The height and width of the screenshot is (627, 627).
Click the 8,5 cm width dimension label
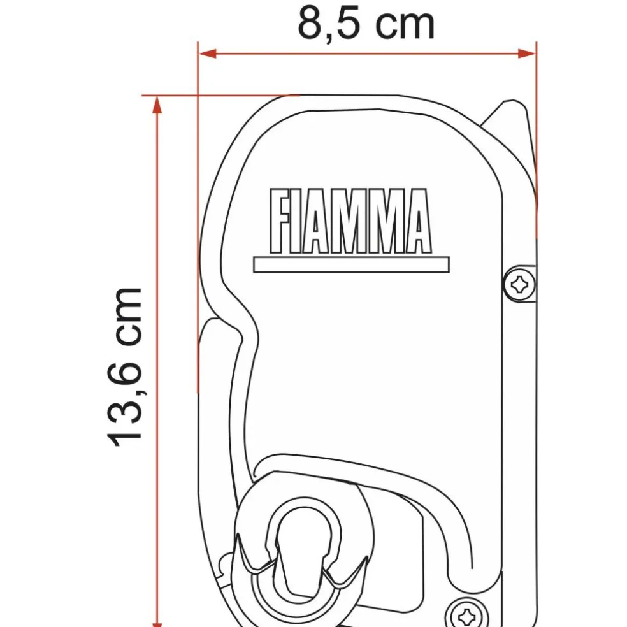pos(366,24)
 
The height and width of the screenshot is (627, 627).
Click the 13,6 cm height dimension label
pos(125,366)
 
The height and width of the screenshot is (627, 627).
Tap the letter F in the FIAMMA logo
pos(280,220)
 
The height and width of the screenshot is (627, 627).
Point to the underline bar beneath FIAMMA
pos(351,264)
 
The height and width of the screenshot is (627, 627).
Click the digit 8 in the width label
pos(310,24)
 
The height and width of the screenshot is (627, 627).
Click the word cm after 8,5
pos(404,24)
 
